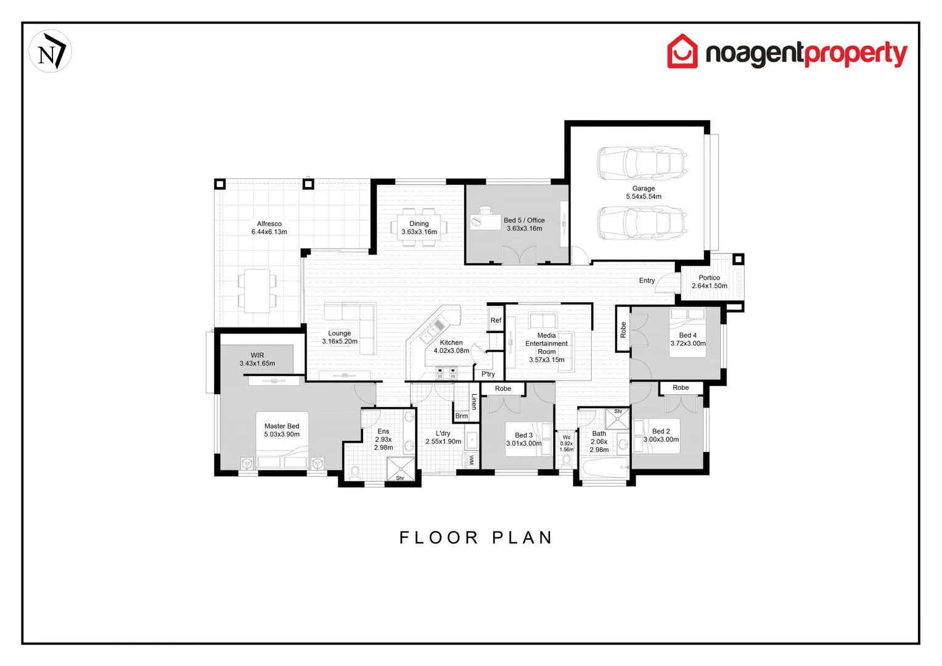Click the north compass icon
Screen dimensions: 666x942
pyautogui.click(x=50, y=52)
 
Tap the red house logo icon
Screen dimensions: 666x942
pyautogui.click(x=682, y=52)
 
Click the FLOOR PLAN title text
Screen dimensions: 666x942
pyautogui.click(x=476, y=538)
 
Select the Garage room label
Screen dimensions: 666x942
pyautogui.click(x=643, y=189)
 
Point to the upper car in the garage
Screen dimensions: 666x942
pyautogui.click(x=641, y=163)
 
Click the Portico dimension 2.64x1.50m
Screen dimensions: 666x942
pyautogui.click(x=709, y=286)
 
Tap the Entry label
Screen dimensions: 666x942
pyautogui.click(x=647, y=281)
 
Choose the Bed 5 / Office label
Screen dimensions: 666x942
pyautogui.click(x=524, y=220)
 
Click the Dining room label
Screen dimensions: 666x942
pyautogui.click(x=419, y=224)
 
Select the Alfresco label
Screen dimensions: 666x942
pyautogui.click(x=269, y=224)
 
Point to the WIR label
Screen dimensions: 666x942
pyautogui.click(x=257, y=356)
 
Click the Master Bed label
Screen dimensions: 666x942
pyautogui.click(x=282, y=426)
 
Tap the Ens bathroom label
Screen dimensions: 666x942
pyautogui.click(x=383, y=432)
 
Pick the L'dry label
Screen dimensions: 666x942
pyautogui.click(x=443, y=434)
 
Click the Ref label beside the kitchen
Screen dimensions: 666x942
pyautogui.click(x=496, y=321)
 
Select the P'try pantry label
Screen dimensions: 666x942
pyautogui.click(x=488, y=374)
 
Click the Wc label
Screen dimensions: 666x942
pyautogui.click(x=566, y=437)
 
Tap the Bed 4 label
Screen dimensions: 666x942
pyautogui.click(x=687, y=335)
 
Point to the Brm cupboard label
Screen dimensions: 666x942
pyautogui.click(x=461, y=416)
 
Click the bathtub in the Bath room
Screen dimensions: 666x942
pyautogui.click(x=604, y=469)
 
